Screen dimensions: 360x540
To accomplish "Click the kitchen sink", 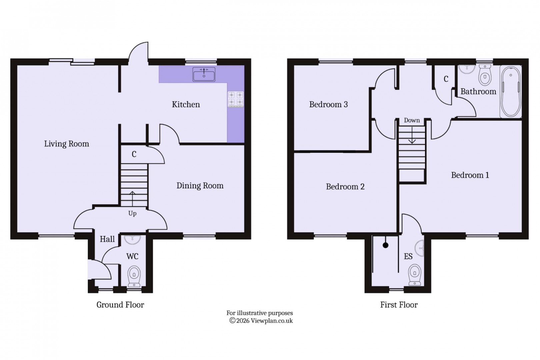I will click(x=204, y=74).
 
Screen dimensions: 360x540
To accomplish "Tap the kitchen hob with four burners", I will click(x=236, y=99).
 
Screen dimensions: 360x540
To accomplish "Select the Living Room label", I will click(x=67, y=144).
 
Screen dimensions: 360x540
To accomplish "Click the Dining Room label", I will click(x=200, y=186).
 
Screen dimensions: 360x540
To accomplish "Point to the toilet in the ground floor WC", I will click(x=134, y=276).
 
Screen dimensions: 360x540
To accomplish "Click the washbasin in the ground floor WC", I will click(x=132, y=239).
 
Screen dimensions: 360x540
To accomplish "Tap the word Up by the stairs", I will click(x=132, y=213).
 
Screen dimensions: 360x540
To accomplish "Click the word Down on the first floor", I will click(x=412, y=120).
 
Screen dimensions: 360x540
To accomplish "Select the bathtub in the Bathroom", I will click(x=511, y=92).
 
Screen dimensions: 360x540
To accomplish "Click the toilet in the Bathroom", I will click(x=485, y=75).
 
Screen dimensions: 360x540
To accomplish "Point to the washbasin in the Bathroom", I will click(x=467, y=69).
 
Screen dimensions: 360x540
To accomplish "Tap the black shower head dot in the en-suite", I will click(x=386, y=245).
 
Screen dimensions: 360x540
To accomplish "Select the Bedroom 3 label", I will click(x=328, y=104).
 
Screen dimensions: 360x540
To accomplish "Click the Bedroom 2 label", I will click(x=345, y=187).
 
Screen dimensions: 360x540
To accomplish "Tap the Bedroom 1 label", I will click(x=470, y=175).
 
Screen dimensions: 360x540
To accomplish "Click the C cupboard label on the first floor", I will click(x=446, y=79).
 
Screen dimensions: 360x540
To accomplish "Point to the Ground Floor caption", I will click(x=120, y=305).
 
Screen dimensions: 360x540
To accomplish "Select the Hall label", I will click(x=107, y=239).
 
